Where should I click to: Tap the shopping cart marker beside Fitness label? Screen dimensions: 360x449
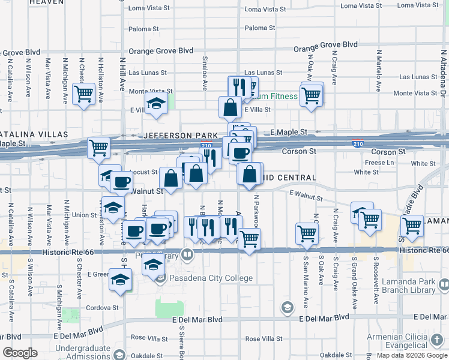coord(312,94)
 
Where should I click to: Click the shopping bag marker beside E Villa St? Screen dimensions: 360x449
coord(231,108)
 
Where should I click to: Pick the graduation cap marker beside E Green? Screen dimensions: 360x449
coord(120,280)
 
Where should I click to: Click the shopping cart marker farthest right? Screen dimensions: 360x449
coord(412,226)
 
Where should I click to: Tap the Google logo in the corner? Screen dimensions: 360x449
coord(20,353)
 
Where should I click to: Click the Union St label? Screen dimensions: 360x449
coord(84,215)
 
